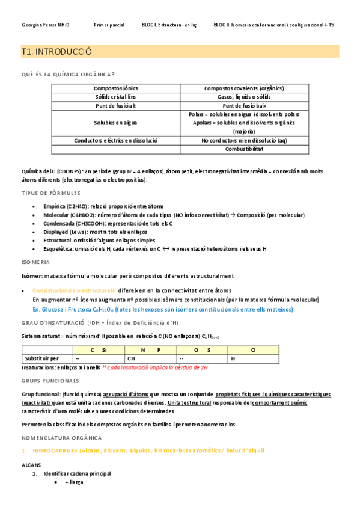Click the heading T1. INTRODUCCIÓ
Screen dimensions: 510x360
(x=56, y=52)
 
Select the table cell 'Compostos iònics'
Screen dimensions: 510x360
(x=115, y=88)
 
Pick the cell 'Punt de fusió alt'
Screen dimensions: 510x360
(x=115, y=105)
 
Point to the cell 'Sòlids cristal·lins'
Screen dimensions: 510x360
(x=115, y=97)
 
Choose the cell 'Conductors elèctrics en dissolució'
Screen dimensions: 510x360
(x=115, y=140)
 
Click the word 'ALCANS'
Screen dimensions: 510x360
(x=32, y=465)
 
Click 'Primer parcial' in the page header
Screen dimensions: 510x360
(x=109, y=25)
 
